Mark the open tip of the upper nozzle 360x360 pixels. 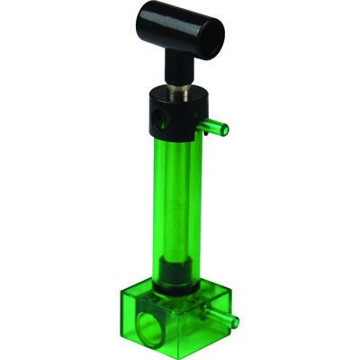pos(225,131)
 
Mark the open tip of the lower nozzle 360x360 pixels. pos(235,320)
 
